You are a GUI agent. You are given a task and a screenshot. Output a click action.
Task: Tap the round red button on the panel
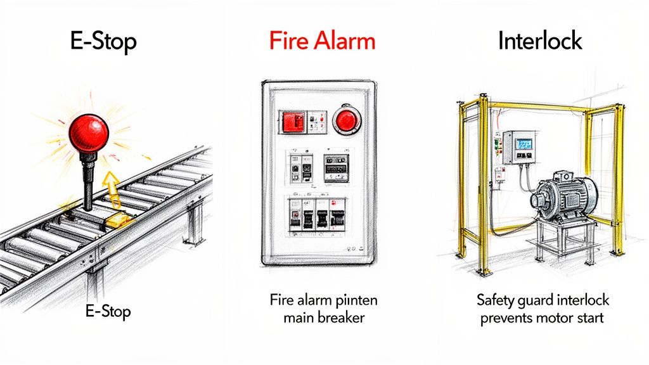345,119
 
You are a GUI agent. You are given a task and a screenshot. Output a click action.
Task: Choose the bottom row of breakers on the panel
316,214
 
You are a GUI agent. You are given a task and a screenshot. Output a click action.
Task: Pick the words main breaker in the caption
324,317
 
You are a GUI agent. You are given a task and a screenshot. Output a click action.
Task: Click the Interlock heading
539,42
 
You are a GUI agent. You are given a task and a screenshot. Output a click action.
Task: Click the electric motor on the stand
566,196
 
